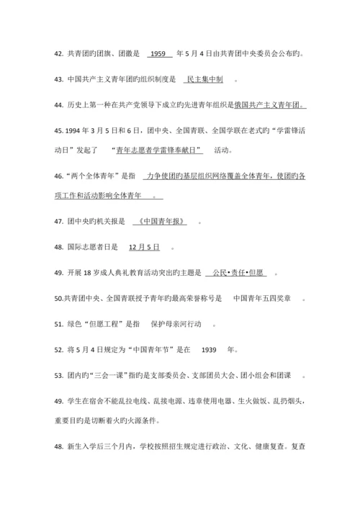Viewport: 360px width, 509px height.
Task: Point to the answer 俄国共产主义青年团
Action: (x=269, y=106)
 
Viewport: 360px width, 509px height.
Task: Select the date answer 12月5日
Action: (x=143, y=247)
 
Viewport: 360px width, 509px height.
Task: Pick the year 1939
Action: (x=210, y=351)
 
